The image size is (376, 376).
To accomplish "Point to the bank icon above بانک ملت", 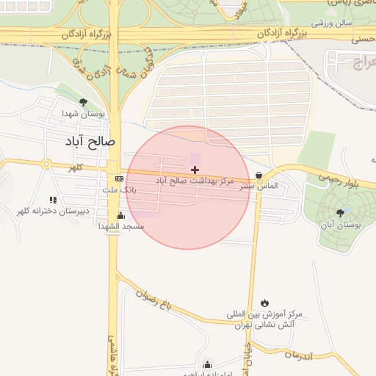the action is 119,178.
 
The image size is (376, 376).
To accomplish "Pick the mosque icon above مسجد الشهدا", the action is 121,216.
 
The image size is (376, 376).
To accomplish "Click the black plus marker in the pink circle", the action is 195,170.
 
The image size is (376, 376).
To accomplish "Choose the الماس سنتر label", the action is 258,187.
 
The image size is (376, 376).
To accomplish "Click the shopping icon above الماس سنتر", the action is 258,176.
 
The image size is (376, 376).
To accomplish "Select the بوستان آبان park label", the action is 341,224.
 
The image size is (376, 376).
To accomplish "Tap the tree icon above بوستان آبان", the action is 339,213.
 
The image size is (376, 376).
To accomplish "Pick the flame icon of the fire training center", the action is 264,303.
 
